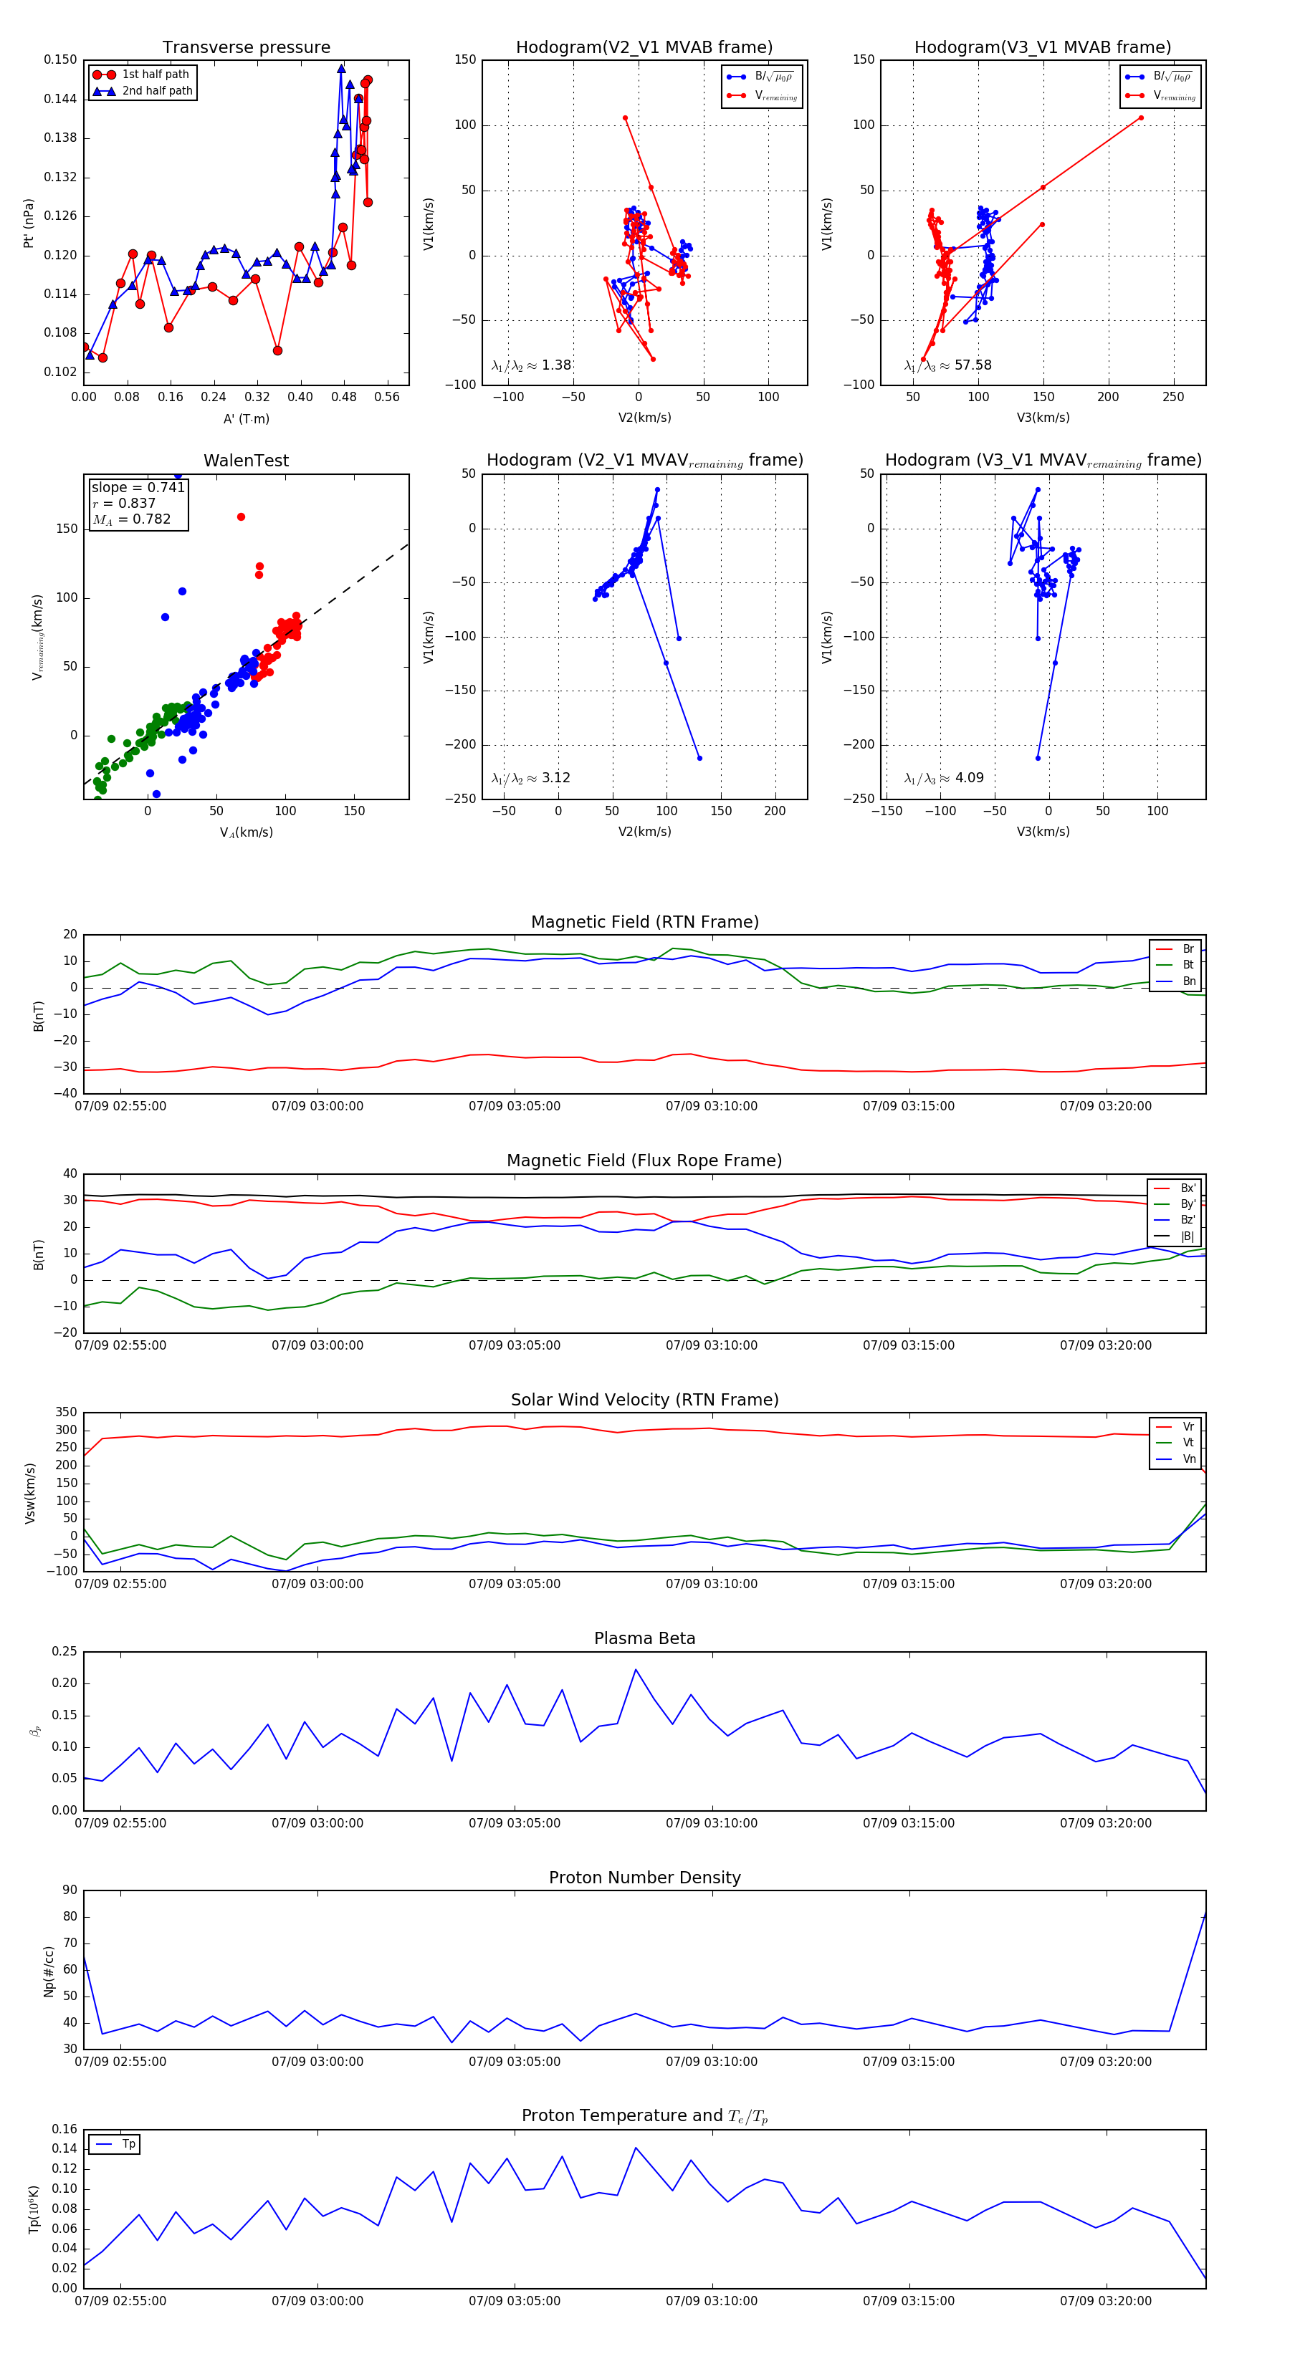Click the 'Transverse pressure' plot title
[246, 48]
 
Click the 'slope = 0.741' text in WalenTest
[138, 487]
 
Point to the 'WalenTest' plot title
[246, 461]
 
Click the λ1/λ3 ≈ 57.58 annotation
[947, 365]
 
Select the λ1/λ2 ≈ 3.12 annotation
[530, 778]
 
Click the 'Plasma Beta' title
[644, 1639]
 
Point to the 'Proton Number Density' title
[644, 1878]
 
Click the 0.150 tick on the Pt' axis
[61, 59]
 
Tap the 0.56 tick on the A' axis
[386, 398]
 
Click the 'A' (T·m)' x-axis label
[246, 418]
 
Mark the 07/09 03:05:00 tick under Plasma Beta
[514, 1822]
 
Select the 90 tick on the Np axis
[70, 1890]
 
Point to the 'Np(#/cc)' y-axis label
[49, 1970]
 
